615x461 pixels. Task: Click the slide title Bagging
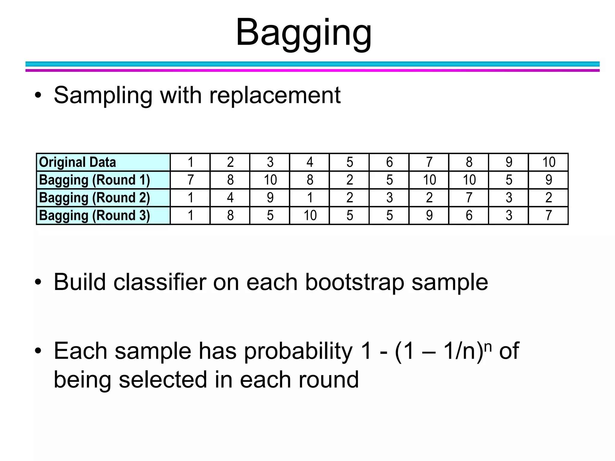[x=304, y=32]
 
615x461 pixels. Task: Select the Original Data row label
[x=77, y=162]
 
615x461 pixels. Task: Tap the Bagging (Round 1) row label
[x=94, y=180]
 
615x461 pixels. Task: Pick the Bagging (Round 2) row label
[x=94, y=198]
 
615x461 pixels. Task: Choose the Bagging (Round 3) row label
[x=94, y=215]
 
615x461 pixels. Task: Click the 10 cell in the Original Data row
[x=548, y=162]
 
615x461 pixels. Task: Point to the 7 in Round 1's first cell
[x=190, y=180]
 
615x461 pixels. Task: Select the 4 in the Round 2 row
[x=230, y=198]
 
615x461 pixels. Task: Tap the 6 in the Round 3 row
[x=469, y=215]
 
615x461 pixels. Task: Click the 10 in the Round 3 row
[x=310, y=215]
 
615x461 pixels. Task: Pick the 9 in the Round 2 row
[x=270, y=198]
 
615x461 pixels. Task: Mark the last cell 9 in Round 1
[x=548, y=180]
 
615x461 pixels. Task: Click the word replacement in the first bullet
[x=275, y=95]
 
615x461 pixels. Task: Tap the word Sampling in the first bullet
[x=103, y=95]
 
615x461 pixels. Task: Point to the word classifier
[x=159, y=282]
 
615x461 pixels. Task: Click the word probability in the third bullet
[x=298, y=351]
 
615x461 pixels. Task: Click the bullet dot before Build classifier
[x=38, y=282]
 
